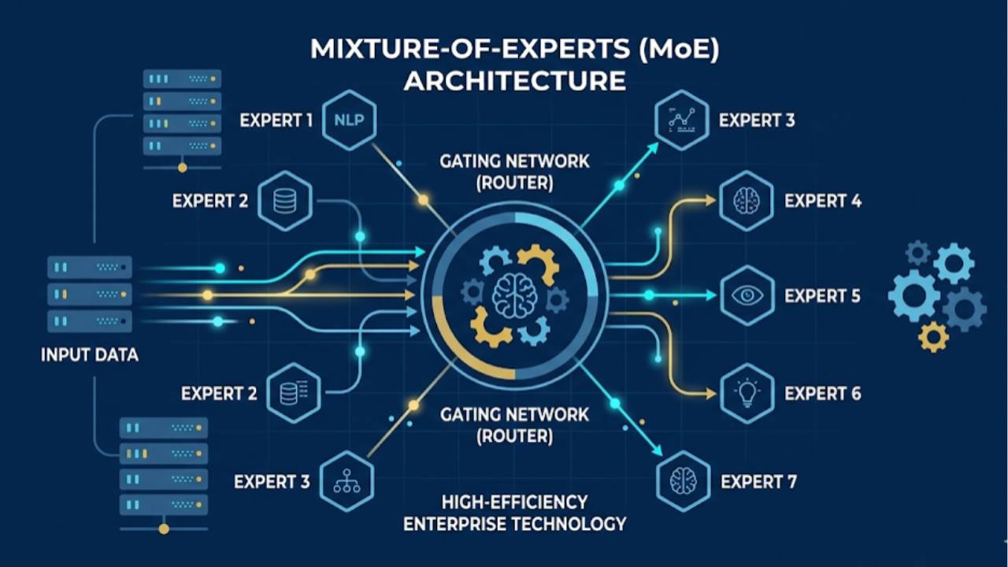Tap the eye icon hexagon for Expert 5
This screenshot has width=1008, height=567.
click(747, 296)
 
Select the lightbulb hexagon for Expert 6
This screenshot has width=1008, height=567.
click(747, 393)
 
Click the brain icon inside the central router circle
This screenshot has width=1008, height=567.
click(514, 296)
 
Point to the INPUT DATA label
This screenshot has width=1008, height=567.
click(90, 355)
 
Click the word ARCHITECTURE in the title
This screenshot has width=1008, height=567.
click(514, 80)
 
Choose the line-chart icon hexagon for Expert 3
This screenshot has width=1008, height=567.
click(682, 120)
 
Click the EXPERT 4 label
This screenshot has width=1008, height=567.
click(823, 201)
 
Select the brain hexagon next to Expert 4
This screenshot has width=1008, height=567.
click(747, 201)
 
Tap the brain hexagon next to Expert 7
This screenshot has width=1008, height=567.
click(683, 481)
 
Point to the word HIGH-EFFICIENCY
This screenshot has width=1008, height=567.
click(514, 502)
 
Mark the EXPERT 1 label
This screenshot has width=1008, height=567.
click(276, 120)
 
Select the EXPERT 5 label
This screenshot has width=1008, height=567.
click(823, 296)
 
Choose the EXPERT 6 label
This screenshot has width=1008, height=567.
click(823, 393)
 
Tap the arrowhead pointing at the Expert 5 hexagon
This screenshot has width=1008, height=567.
click(711, 296)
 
